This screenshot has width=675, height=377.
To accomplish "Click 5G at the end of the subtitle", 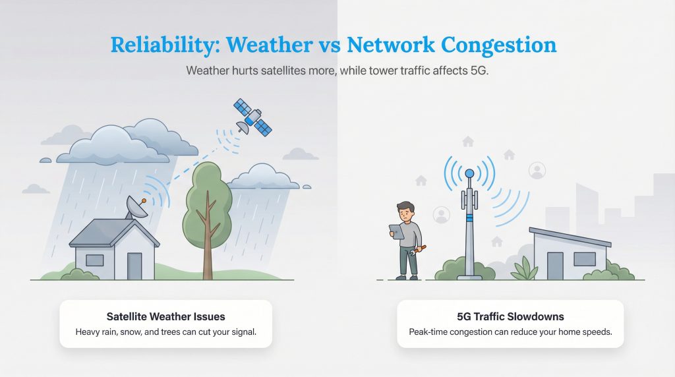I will [x=479, y=71].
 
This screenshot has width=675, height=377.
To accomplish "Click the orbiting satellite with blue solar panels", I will [x=252, y=117].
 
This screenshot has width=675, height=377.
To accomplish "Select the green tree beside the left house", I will [x=207, y=198].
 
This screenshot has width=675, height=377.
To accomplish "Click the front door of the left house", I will [x=134, y=266].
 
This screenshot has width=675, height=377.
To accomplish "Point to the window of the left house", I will [x=94, y=260].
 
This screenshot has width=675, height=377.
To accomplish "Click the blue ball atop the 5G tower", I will [x=469, y=173].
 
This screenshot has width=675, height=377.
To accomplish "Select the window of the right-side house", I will [x=584, y=258].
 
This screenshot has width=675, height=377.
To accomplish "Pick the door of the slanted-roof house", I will [x=555, y=265].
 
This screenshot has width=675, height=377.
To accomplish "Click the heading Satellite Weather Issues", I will [x=165, y=316].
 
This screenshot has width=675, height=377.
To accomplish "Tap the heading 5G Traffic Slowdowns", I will [x=510, y=316].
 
